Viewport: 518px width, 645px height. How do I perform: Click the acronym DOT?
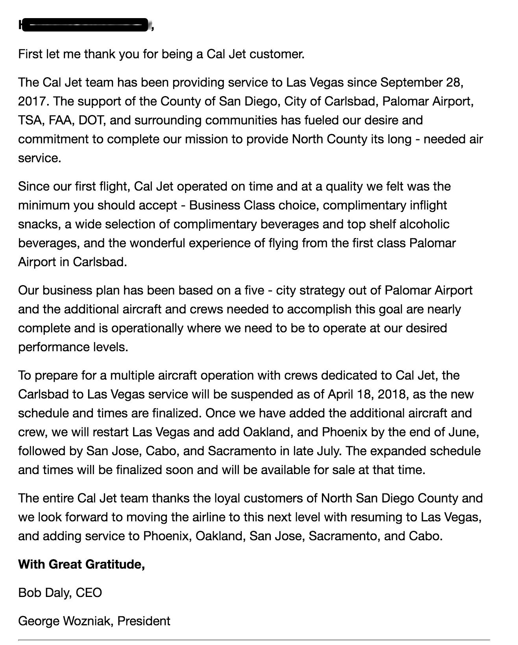click(x=91, y=120)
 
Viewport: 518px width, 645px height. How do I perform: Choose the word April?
click(x=340, y=394)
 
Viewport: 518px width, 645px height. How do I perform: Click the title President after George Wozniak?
click(x=144, y=621)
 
